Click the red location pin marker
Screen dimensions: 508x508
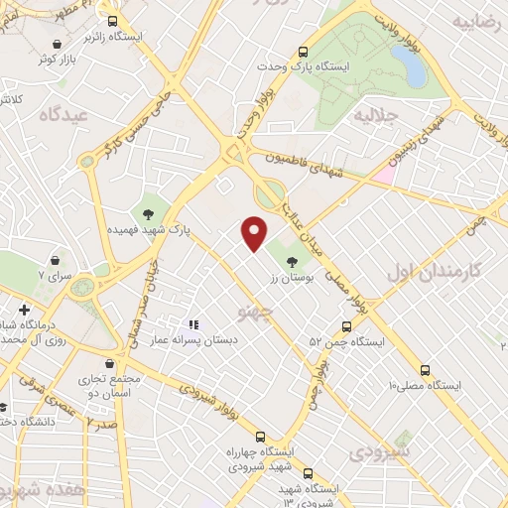point(255,233)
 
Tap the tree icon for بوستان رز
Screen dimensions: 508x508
point(292,261)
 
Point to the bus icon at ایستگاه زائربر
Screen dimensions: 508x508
point(112,21)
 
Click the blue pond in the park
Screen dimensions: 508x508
point(409,65)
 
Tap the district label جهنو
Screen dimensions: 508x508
point(254,312)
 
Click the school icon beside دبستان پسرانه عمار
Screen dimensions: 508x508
point(194,323)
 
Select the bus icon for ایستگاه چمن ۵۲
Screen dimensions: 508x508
point(346,325)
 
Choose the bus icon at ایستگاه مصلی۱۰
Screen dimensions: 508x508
point(425,368)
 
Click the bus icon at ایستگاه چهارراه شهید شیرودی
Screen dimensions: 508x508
point(260,437)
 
